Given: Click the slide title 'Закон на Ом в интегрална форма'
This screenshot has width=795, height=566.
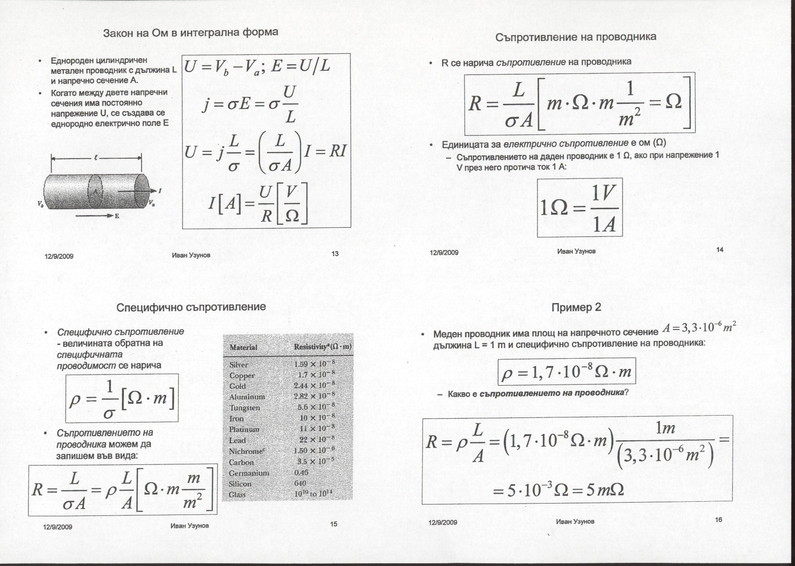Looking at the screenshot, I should pos(190,33).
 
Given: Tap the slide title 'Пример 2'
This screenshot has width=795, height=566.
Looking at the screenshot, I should pos(576,307).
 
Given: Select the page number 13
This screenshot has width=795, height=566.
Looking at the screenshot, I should pos(335,254).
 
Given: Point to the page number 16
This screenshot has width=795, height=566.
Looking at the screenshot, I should pos(718,520).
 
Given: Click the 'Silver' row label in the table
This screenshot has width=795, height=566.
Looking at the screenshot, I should pos(239,365).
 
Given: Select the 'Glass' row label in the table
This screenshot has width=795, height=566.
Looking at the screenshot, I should pos(237,494).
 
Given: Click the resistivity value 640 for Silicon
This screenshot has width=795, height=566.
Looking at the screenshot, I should pos(300,483).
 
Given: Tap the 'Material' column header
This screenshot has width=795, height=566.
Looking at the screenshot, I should pos(243,347).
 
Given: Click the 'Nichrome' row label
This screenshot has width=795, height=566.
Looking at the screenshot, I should pos(246,451).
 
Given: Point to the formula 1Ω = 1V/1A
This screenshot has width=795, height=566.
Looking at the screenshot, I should pos(579,208).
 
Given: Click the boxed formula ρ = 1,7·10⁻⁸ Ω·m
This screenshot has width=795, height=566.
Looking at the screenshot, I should pos(566,372).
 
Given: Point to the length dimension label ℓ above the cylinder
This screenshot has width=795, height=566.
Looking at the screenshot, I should pos(96,158).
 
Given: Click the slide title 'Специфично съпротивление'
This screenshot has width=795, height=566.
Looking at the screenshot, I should pos(191,307).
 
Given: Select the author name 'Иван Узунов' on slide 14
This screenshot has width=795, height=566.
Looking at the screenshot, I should pos(576,251).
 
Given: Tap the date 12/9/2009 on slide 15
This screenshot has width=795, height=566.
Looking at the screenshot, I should pos(57,527).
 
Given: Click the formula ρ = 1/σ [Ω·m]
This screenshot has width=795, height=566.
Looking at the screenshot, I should pos(122,398).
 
